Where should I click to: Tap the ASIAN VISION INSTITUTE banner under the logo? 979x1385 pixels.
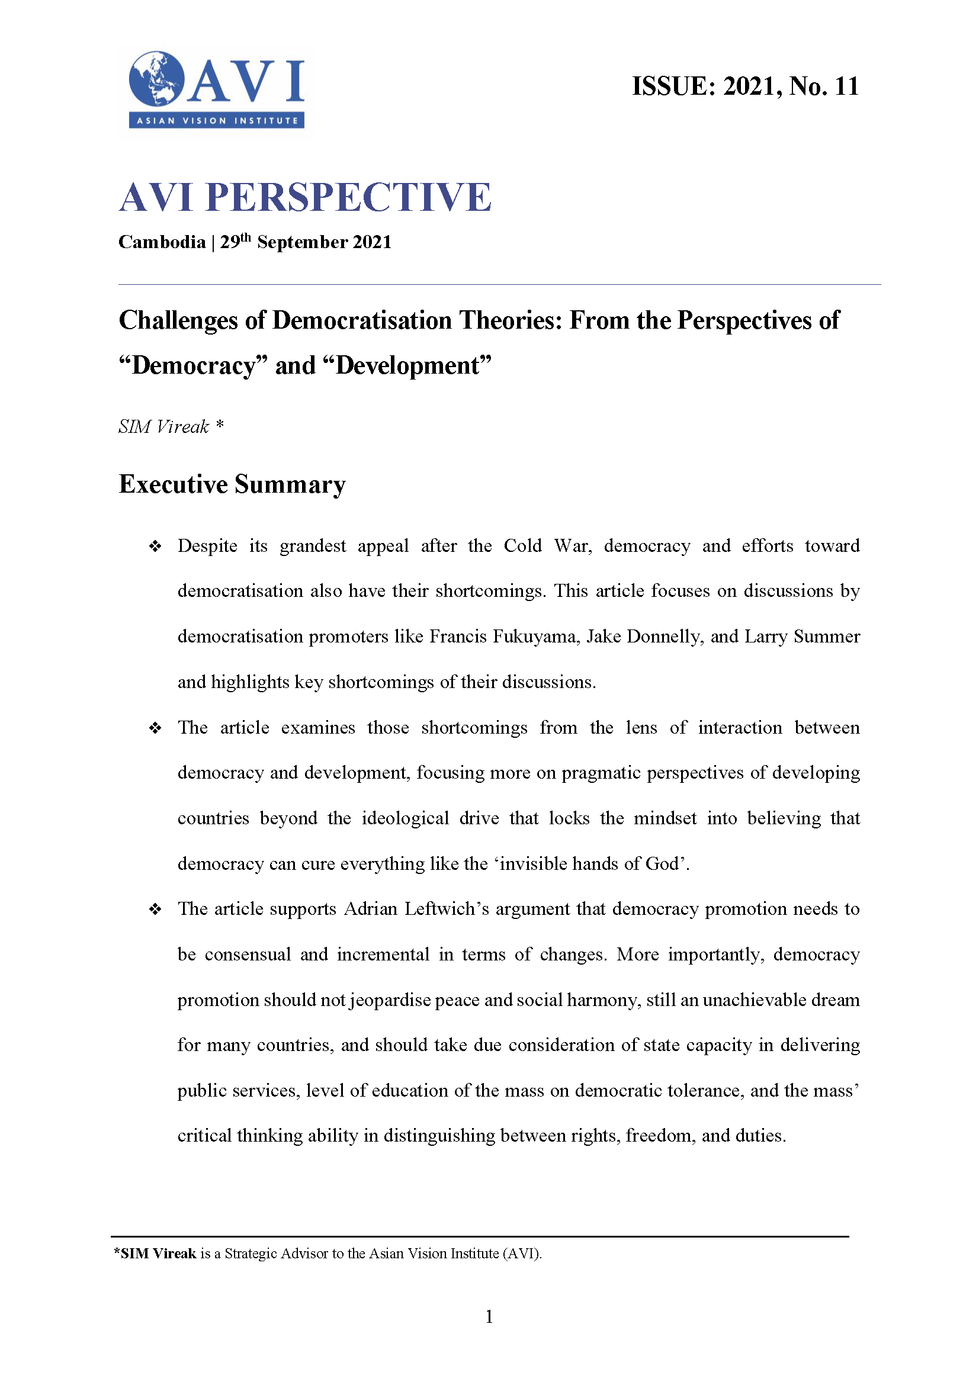coord(217,121)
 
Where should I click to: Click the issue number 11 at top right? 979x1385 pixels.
coord(846,87)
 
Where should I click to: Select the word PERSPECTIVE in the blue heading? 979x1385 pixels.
coord(348,197)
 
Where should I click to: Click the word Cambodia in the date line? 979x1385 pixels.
coord(162,243)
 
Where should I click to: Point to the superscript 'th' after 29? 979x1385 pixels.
coord(246,237)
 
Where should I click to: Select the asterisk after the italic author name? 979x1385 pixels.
coord(220,425)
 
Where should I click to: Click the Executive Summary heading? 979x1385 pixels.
coord(232,484)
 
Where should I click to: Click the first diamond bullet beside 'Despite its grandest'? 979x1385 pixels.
coord(155,547)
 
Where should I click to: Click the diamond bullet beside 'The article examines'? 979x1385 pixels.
coord(155,728)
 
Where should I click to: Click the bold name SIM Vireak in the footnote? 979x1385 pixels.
coord(158,1254)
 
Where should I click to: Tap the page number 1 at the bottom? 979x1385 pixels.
coord(489,1317)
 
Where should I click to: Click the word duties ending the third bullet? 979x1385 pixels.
coord(759,1136)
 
